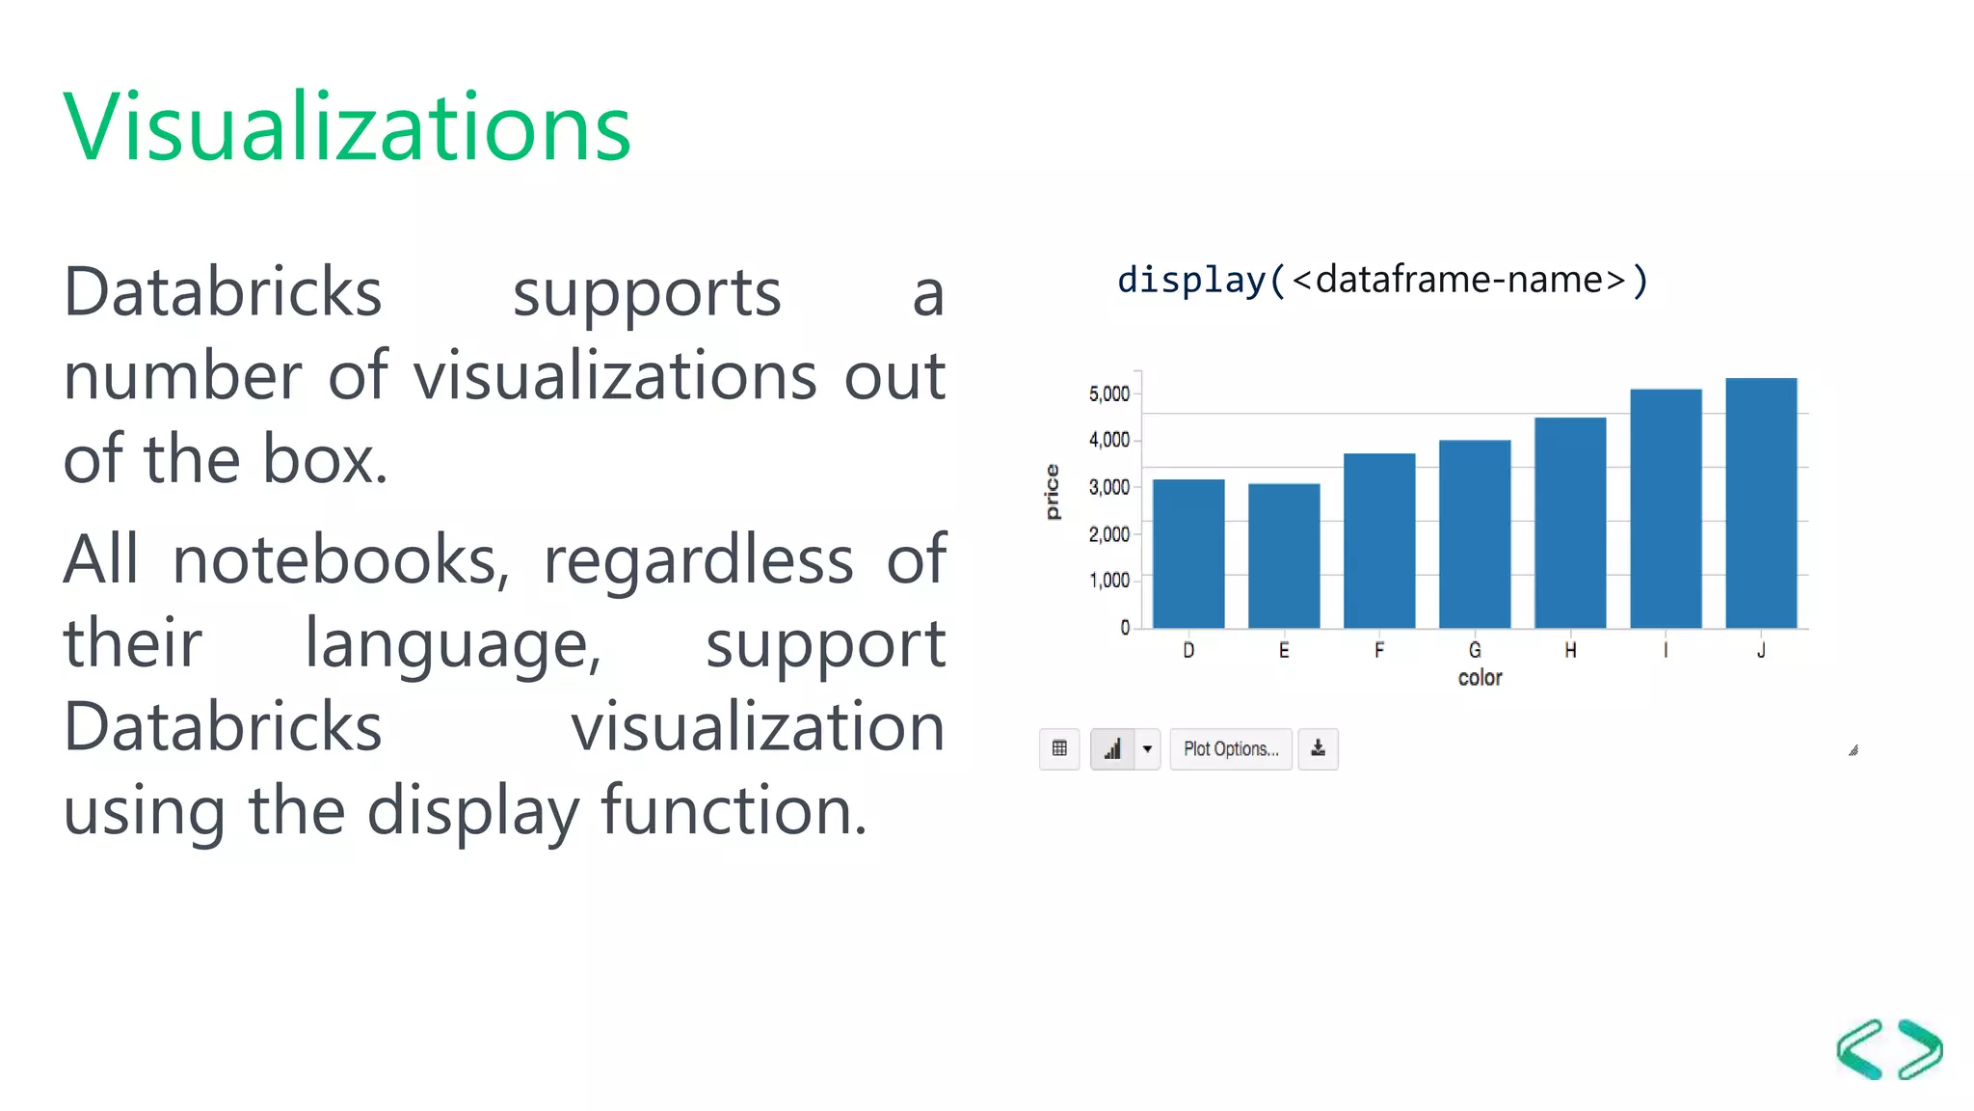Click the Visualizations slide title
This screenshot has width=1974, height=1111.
(347, 126)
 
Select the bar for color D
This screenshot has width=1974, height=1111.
(1188, 554)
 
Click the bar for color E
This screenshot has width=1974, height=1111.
(1284, 555)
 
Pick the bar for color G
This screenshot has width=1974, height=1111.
(1475, 534)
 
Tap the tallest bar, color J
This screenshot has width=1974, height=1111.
(1761, 503)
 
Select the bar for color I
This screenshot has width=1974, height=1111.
(1666, 509)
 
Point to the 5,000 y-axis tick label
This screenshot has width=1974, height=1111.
(1108, 393)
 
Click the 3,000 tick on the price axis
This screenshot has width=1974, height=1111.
(1108, 487)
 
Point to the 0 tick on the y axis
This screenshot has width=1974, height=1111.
(1125, 628)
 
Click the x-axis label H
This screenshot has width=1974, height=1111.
(1570, 651)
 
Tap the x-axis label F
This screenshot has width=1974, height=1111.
(1379, 651)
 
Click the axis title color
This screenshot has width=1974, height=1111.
(1480, 678)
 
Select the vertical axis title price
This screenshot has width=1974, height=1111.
(1053, 492)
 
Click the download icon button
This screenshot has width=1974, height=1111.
(1318, 748)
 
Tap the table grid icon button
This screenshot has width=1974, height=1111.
(1059, 748)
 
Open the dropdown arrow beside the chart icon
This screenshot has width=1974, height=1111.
(1147, 748)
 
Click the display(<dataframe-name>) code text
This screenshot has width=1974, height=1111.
(1382, 281)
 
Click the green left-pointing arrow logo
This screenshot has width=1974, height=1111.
(1860, 1049)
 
